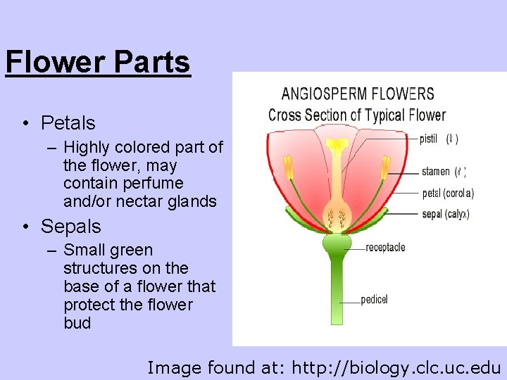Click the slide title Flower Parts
coord(97,62)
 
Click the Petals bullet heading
coord(68,123)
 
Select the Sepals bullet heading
coord(71,227)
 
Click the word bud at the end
coord(77,324)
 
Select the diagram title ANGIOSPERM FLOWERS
coord(357,94)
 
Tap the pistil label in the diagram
coord(428,139)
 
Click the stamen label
coord(435,172)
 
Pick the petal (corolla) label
coord(448,193)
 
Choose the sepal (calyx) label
coord(445,214)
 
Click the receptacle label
coord(385,248)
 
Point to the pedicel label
coord(374,300)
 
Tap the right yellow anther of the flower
coord(385,167)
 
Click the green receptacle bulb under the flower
coord(337,244)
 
